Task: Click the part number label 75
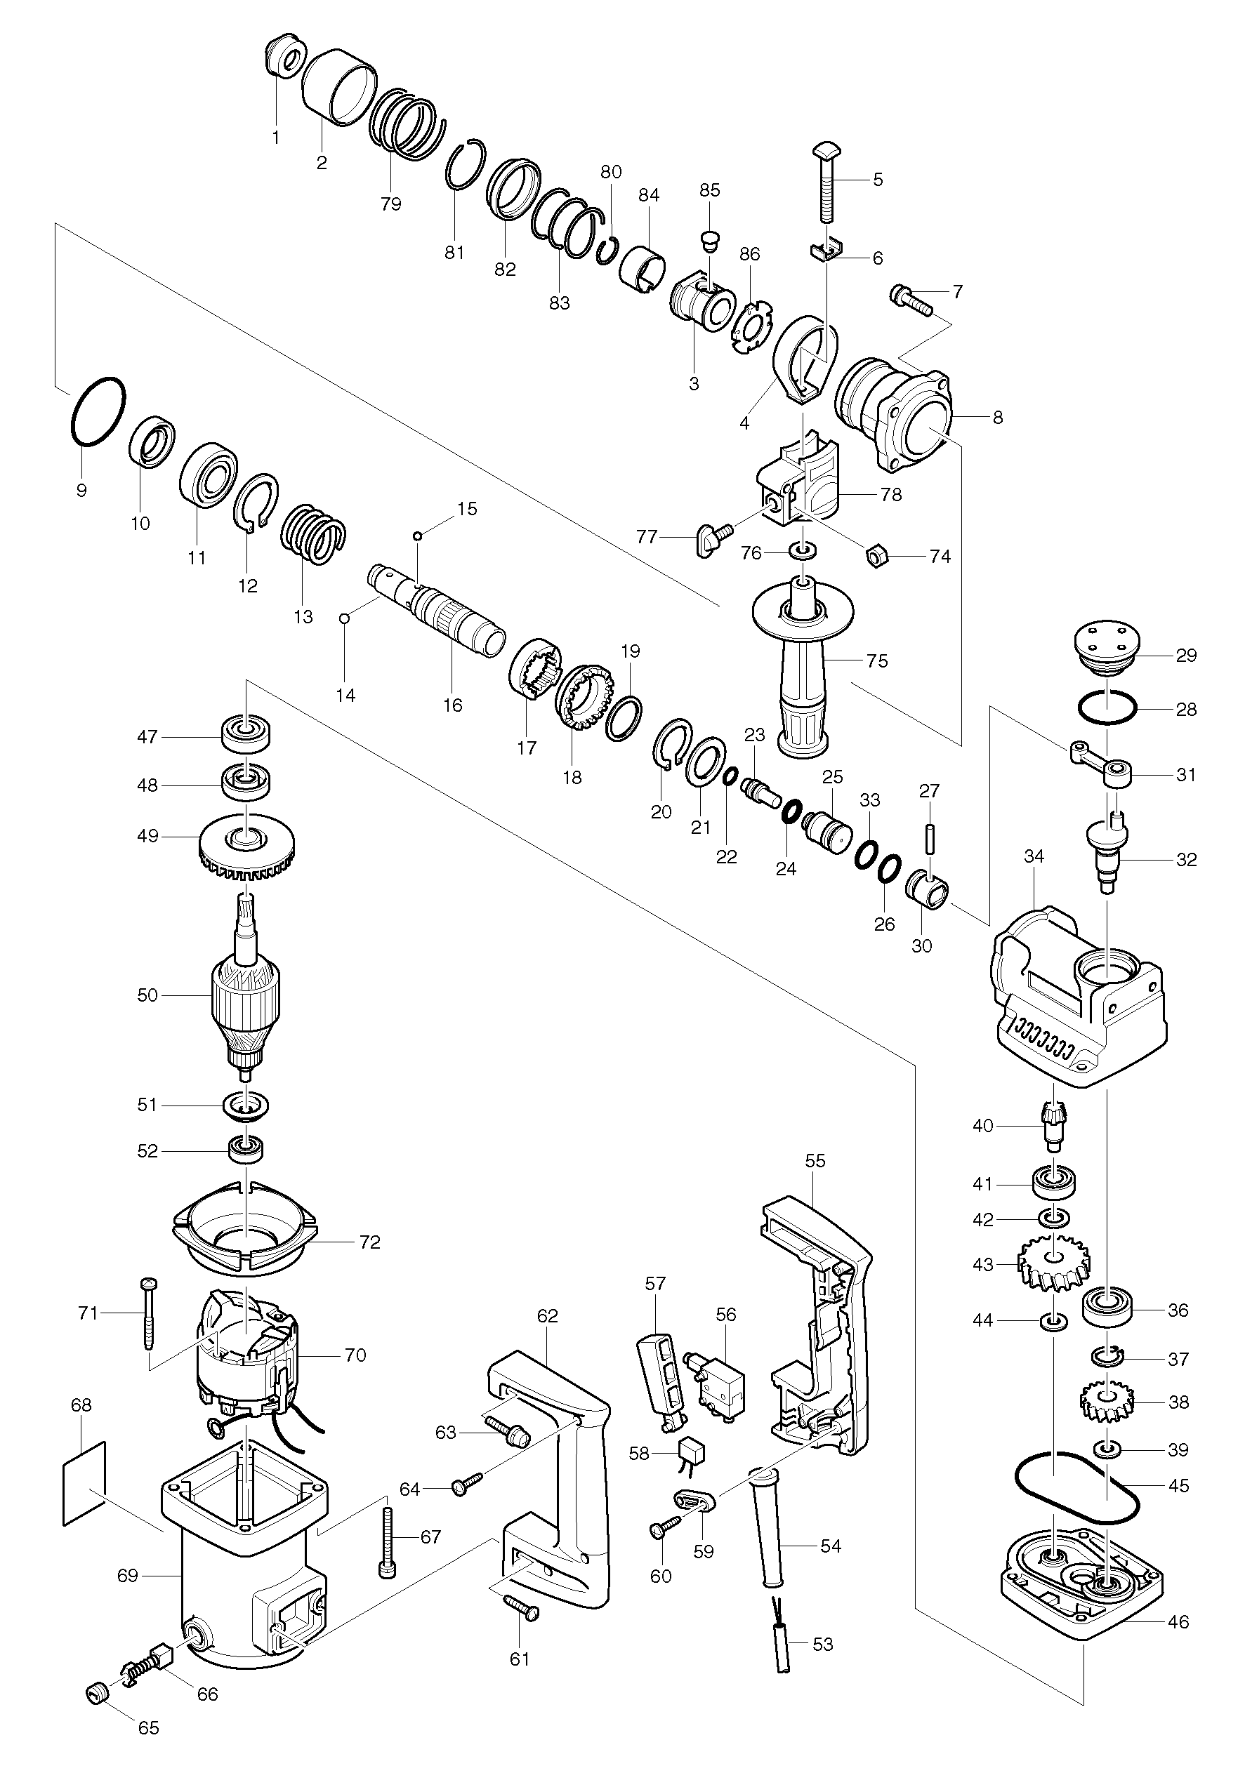coord(877,661)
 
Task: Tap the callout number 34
coord(1034,856)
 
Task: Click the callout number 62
coord(548,1315)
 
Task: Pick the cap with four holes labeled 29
coord(1107,649)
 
